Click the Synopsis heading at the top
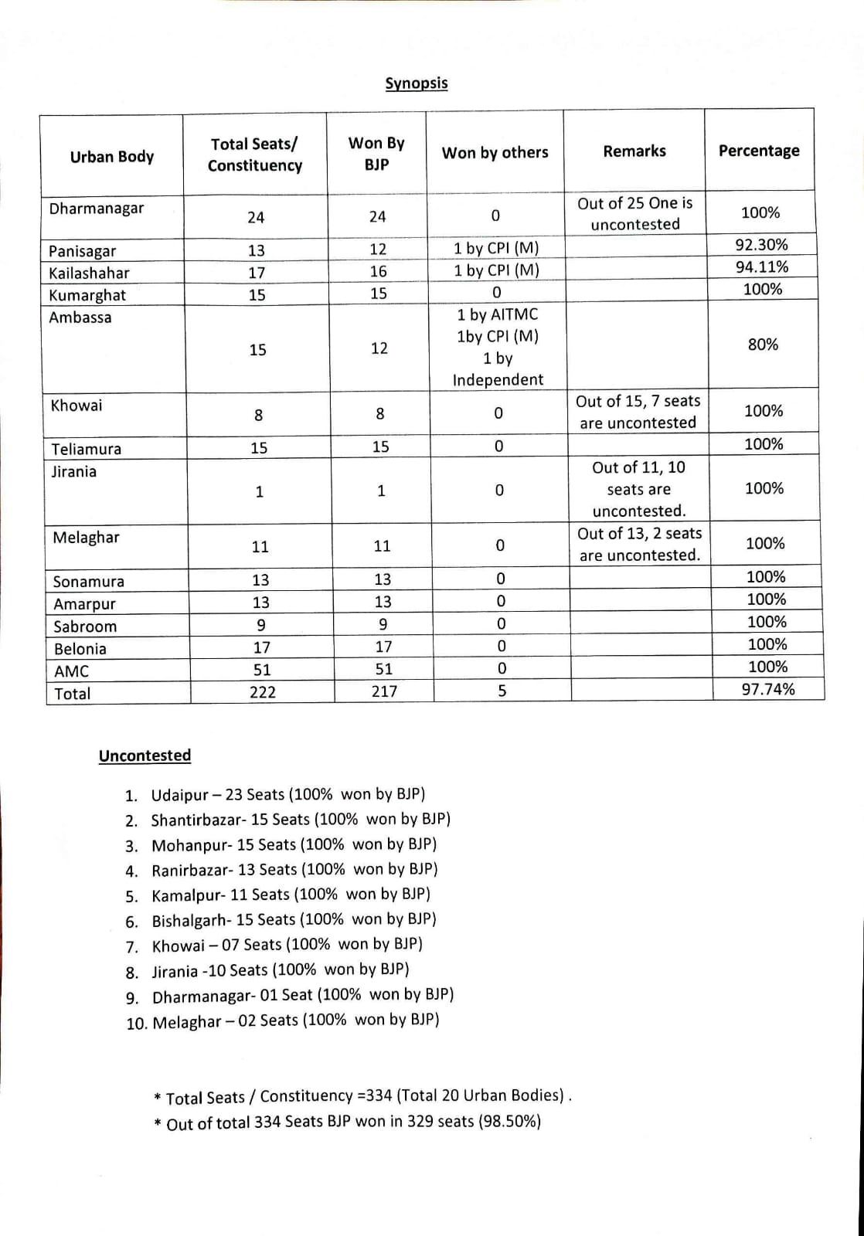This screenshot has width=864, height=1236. tap(417, 83)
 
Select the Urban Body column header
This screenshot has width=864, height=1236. tap(112, 157)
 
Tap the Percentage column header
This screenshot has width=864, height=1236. tap(759, 151)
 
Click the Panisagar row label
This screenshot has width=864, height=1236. tap(83, 251)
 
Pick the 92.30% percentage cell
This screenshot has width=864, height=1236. tap(761, 245)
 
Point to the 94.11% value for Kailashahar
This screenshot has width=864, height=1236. tap(761, 267)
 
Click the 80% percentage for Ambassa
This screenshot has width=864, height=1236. tap(763, 345)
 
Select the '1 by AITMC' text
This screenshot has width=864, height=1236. tap(497, 314)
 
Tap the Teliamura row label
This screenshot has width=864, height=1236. tap(87, 449)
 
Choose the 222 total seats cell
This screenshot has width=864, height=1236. tap(262, 692)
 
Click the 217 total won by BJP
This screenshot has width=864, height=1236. tap(384, 691)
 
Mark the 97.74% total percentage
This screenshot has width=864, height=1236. tap(768, 689)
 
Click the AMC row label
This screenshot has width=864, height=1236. tap(72, 671)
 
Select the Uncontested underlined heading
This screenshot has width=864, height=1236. tap(145, 756)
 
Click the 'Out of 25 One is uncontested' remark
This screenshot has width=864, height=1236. tap(635, 214)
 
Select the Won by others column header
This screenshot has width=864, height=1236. tap(495, 153)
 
